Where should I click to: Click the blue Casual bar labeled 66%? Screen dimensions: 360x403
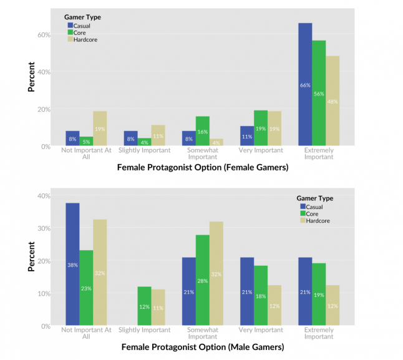(x=305, y=84)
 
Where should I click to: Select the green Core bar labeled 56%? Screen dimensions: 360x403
(x=319, y=93)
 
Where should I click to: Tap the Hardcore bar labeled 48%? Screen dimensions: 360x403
(x=333, y=101)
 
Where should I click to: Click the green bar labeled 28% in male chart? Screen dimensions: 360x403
(x=203, y=280)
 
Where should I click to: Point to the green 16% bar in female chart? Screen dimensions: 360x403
(x=203, y=131)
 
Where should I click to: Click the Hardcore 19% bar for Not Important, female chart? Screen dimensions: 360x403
(x=100, y=129)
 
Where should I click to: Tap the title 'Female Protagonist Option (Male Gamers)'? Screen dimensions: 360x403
(x=202, y=347)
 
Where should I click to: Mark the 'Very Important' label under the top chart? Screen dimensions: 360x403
(x=261, y=150)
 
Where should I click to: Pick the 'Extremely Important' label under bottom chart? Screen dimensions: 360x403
(x=319, y=333)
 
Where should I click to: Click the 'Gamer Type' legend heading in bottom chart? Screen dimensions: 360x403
(x=315, y=198)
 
